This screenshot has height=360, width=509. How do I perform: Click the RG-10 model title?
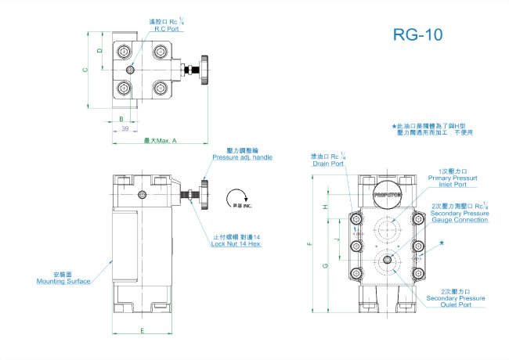coord(418,34)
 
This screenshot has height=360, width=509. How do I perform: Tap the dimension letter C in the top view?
coord(86,70)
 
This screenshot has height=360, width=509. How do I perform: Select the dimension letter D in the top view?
coord(99,51)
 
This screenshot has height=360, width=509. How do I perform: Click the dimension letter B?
coord(121,119)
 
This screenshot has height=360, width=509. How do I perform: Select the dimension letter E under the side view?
coord(142,331)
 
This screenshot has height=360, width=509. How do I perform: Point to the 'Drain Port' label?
coord(328,164)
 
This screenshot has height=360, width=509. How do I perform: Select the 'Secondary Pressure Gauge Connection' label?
coord(460,216)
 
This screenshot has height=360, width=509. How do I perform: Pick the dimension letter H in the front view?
coord(323,207)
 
